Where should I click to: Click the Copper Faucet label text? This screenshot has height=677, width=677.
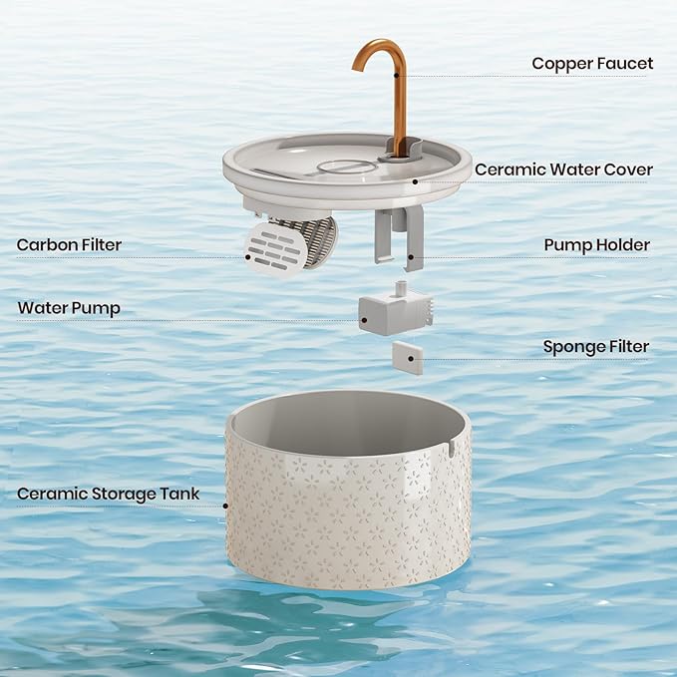pyautogui.click(x=592, y=64)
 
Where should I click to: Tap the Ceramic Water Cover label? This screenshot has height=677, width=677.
pyautogui.click(x=563, y=169)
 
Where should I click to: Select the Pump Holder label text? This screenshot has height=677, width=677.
pyautogui.click(x=596, y=245)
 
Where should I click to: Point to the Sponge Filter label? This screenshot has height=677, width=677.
pyautogui.click(x=596, y=347)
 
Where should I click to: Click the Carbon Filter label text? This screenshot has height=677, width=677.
pyautogui.click(x=69, y=245)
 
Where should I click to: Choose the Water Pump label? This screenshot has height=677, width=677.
pyautogui.click(x=69, y=308)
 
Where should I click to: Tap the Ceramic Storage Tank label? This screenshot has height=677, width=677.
pyautogui.click(x=108, y=494)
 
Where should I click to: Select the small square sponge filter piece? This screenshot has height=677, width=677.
pyautogui.click(x=408, y=358)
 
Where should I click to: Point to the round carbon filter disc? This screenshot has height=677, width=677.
pyautogui.click(x=274, y=249)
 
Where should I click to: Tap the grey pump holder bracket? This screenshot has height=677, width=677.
pyautogui.click(x=400, y=238)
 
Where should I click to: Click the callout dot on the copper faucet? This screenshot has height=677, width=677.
pyautogui.click(x=397, y=75)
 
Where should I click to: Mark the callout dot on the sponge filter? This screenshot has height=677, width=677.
pyautogui.click(x=410, y=359)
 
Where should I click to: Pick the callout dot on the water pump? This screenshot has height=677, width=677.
pyautogui.click(x=364, y=320)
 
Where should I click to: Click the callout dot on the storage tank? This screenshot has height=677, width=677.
pyautogui.click(x=225, y=507)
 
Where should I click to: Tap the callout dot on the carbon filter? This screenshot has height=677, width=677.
pyautogui.click(x=248, y=257)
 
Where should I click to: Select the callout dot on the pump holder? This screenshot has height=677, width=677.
pyautogui.click(x=411, y=257)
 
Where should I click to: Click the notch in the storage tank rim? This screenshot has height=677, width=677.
pyautogui.click(x=451, y=448)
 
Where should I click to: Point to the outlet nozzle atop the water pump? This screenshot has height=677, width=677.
pyautogui.click(x=402, y=288)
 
